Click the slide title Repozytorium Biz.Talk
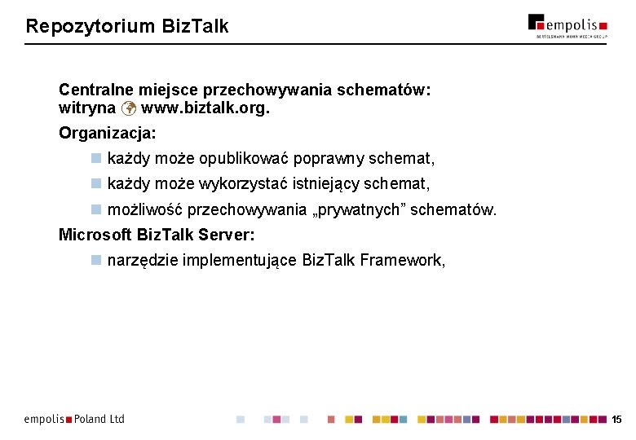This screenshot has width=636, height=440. point(127,26)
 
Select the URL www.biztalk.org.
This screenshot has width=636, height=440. point(205,108)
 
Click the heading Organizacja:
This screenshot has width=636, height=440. point(108,132)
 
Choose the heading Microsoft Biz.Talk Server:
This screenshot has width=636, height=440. point(157,235)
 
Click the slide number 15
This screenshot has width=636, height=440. point(616,420)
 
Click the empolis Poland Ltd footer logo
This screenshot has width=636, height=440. point(74,419)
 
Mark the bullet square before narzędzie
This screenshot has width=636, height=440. point(95,261)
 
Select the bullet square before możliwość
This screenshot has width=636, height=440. point(95,209)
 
